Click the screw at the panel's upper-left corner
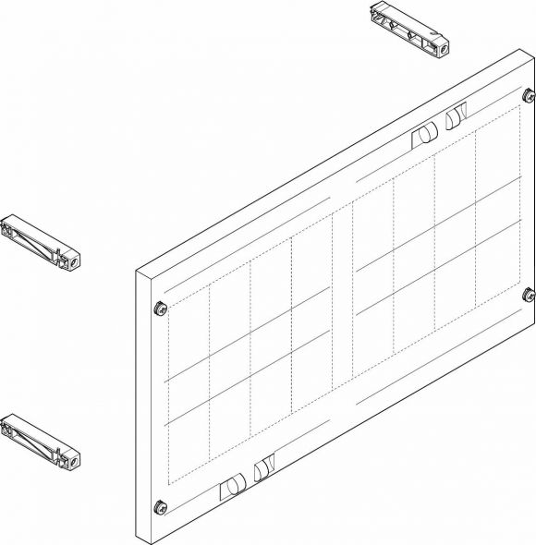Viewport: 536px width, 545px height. point(159,308)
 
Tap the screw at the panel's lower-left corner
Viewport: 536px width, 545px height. point(161,505)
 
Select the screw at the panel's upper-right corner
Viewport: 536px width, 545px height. point(528,95)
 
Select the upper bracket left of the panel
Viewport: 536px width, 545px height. point(43,242)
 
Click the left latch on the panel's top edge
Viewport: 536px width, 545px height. point(422,134)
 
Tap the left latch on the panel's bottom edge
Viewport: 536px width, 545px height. point(232,486)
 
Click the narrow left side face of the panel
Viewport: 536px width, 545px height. point(143,406)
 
